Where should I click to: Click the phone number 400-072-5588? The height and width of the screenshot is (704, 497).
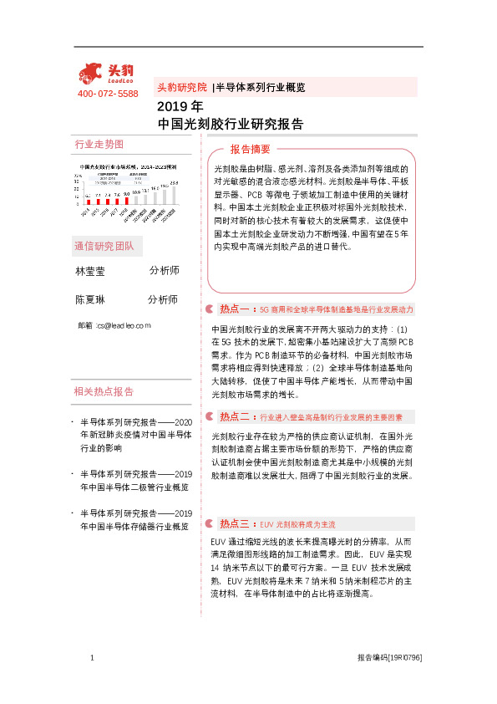click(108, 94)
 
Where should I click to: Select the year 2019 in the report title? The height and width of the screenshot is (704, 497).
click(173, 108)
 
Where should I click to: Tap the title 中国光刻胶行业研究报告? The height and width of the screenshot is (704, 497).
click(230, 124)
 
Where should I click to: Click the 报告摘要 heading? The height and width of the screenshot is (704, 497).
click(251, 149)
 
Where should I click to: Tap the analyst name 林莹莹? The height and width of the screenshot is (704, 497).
click(90, 272)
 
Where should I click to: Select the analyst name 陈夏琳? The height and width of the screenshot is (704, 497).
click(90, 299)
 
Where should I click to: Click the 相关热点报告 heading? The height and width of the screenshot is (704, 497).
click(104, 390)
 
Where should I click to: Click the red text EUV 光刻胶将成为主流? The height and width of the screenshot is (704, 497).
click(297, 524)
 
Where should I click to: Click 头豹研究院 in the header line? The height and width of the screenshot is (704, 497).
click(182, 86)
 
